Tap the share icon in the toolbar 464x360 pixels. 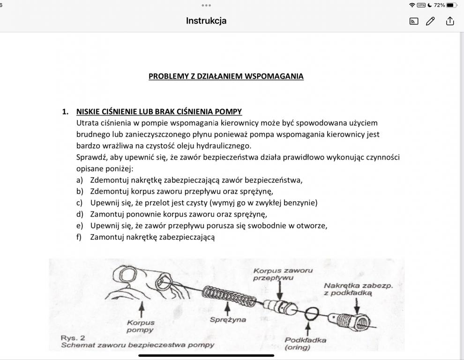click(x=450, y=21)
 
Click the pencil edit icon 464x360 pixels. click(x=430, y=21)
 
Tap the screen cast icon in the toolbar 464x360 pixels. click(x=413, y=21)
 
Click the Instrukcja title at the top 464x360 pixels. click(x=206, y=21)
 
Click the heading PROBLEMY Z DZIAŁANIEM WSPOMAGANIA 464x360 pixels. click(x=226, y=76)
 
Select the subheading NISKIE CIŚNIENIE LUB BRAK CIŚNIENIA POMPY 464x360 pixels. click(x=159, y=112)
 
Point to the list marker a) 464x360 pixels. click(x=80, y=180)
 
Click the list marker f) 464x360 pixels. click(x=79, y=237)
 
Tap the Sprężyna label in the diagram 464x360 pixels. click(x=228, y=320)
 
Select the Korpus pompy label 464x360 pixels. click(x=141, y=326)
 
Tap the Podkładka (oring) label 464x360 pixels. click(x=305, y=344)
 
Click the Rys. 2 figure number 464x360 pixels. click(x=73, y=337)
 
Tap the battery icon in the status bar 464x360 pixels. click(x=451, y=5)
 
